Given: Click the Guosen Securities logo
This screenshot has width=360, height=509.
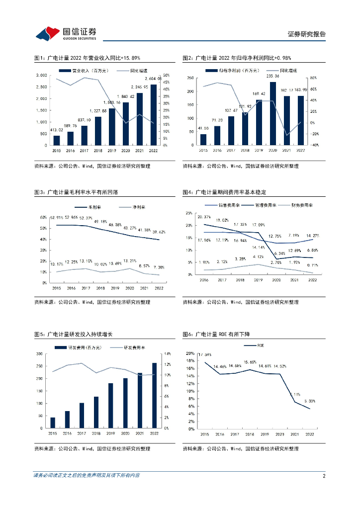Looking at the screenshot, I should [x=65, y=33].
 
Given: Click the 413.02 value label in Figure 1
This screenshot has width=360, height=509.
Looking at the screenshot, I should [x=56, y=130].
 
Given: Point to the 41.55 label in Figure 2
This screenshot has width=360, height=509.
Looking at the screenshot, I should [x=203, y=128].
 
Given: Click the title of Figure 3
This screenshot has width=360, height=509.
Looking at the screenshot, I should [x=80, y=192].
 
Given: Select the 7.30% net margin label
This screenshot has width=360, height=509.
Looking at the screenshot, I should [x=159, y=267].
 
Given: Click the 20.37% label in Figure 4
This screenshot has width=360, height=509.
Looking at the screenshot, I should [x=204, y=217].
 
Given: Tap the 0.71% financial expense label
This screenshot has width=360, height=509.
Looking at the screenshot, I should [x=312, y=265].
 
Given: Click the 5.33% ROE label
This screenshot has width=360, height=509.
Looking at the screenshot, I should [x=309, y=401].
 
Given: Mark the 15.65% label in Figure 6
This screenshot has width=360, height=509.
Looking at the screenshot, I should [x=251, y=362].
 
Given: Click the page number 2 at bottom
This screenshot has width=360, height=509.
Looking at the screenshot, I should [x=324, y=476].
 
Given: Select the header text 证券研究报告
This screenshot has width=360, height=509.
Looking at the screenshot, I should [x=307, y=34].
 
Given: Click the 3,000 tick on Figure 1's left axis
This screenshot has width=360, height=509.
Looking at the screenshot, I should [x=42, y=75].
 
